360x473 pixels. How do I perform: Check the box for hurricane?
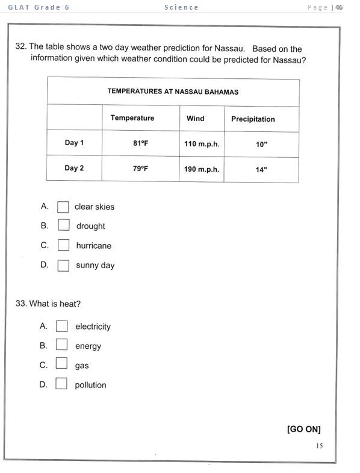(x=63, y=245)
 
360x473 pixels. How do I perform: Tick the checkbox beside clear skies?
(x=63, y=207)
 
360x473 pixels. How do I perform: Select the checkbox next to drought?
(x=63, y=226)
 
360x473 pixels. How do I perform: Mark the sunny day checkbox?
(x=63, y=265)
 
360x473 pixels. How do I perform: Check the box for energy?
(x=61, y=345)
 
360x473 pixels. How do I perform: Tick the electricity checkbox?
(x=61, y=326)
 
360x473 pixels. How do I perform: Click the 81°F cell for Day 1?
(x=140, y=143)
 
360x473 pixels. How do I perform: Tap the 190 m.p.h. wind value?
(x=202, y=169)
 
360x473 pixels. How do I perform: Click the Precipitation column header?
(x=253, y=119)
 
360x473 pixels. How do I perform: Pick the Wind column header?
(x=195, y=118)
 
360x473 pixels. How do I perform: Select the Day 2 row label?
(x=74, y=168)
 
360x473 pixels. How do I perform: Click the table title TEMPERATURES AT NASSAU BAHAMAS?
(x=173, y=92)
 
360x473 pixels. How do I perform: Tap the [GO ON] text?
(x=303, y=429)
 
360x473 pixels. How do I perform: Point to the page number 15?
(x=319, y=446)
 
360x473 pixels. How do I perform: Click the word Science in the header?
(x=181, y=7)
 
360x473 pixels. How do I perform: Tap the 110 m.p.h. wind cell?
(x=202, y=144)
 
